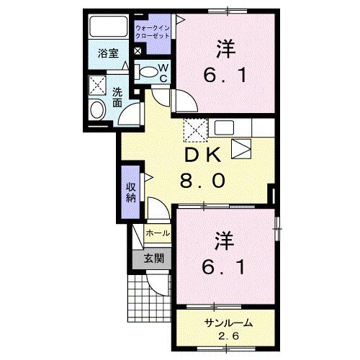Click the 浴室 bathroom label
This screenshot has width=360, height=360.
(x=109, y=52)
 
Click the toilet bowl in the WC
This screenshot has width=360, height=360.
(x=147, y=71)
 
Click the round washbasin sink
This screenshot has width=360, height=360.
(x=96, y=109)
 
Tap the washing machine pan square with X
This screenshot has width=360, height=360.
(x=96, y=86)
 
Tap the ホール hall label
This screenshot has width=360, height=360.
(x=158, y=234)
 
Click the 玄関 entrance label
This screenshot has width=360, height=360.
(x=153, y=258)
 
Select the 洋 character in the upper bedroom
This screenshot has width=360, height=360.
(x=225, y=49)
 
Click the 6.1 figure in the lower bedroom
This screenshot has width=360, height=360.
(x=225, y=267)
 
